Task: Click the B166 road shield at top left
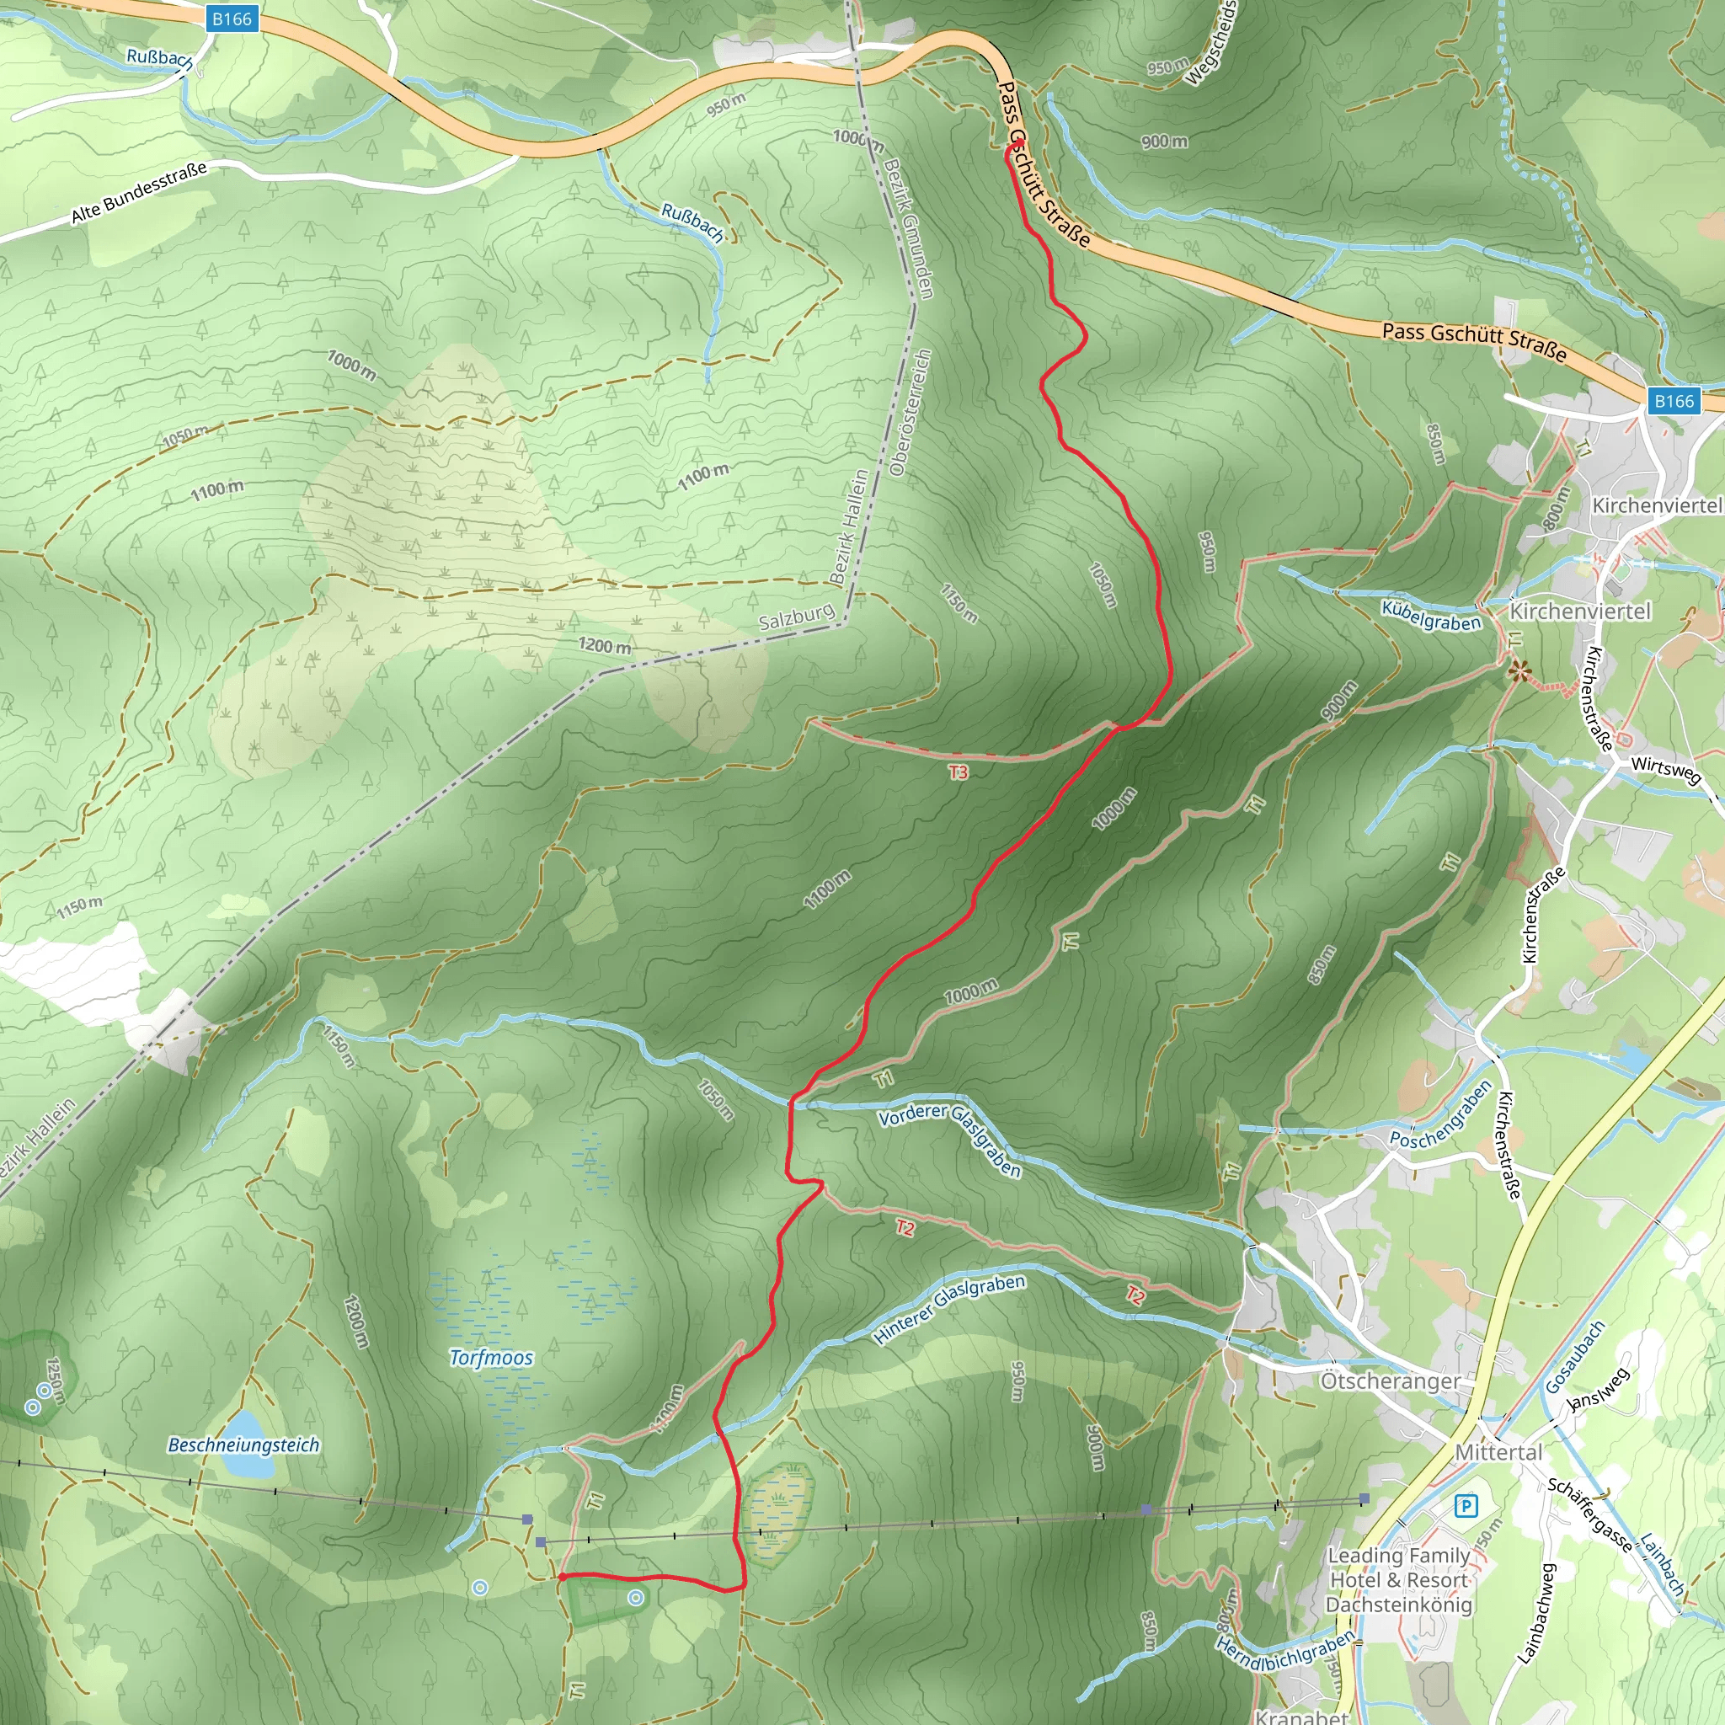coord(232,19)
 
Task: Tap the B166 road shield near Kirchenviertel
coord(1674,401)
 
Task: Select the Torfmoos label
coord(491,1358)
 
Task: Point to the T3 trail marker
coord(958,772)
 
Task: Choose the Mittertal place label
coord(1498,1453)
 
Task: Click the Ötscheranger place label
coord(1390,1381)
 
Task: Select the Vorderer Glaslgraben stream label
coord(950,1139)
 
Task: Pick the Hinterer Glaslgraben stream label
coord(949,1308)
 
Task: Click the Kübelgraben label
coord(1431,616)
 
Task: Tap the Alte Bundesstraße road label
coord(138,193)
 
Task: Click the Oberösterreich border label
coord(911,412)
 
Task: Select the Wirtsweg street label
coord(1666,770)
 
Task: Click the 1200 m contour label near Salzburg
coord(605,644)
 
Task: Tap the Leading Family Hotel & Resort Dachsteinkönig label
coord(1398,1579)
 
